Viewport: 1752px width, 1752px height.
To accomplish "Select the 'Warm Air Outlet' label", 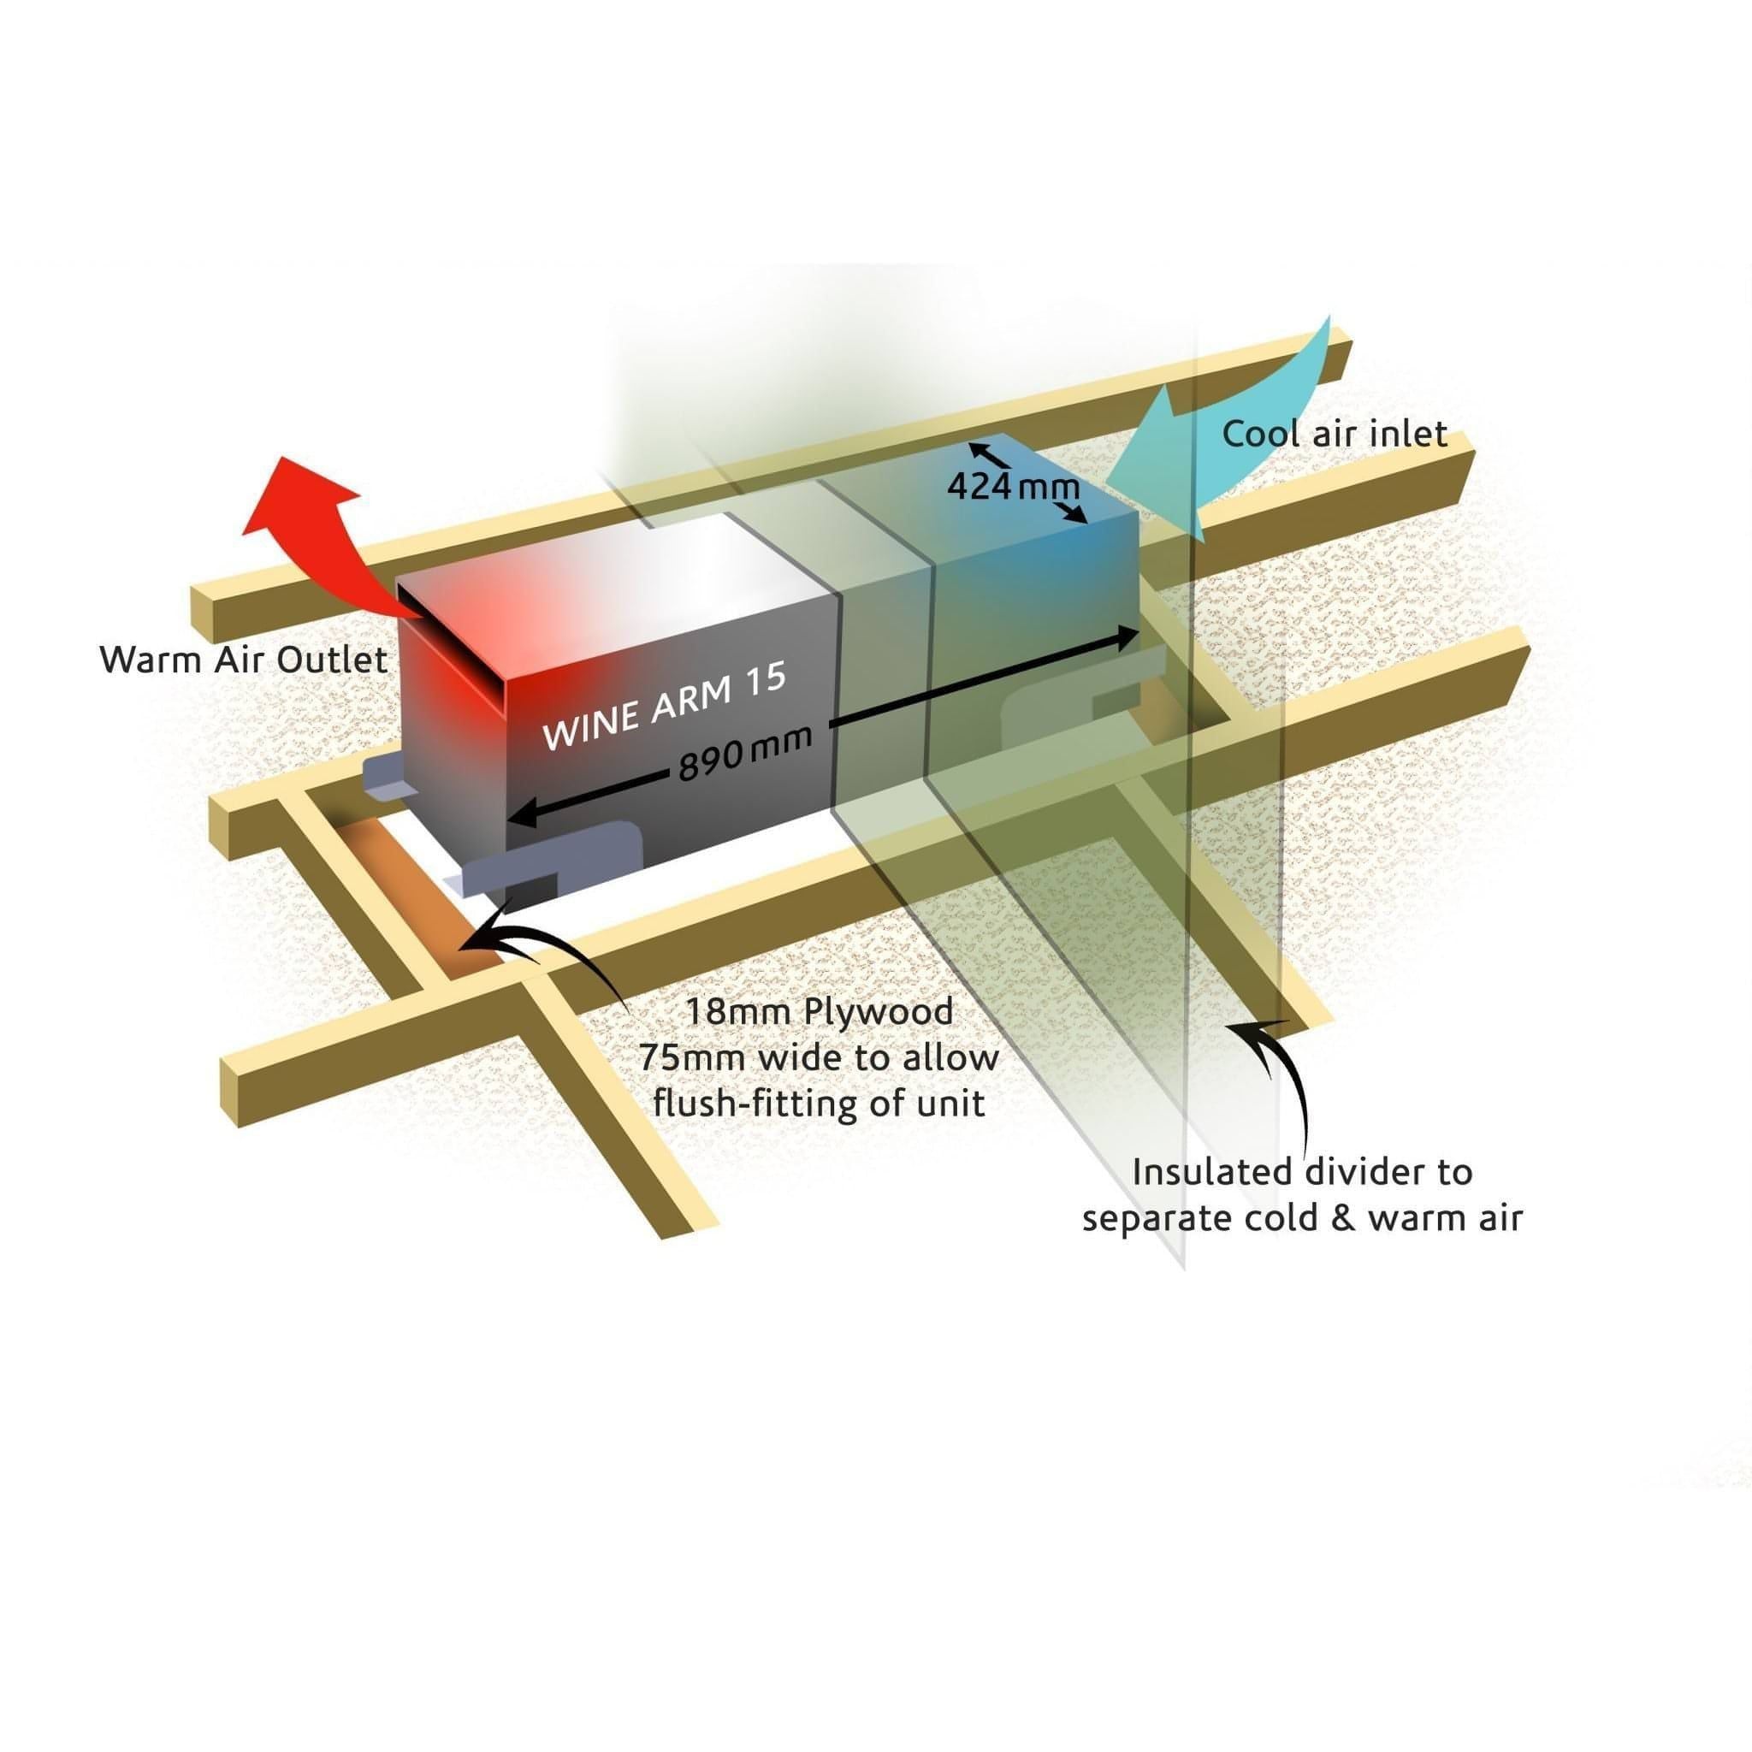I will [x=243, y=660].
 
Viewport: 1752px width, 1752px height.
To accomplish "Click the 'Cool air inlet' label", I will [x=1334, y=434].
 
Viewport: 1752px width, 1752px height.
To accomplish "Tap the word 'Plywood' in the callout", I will [x=877, y=1011].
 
